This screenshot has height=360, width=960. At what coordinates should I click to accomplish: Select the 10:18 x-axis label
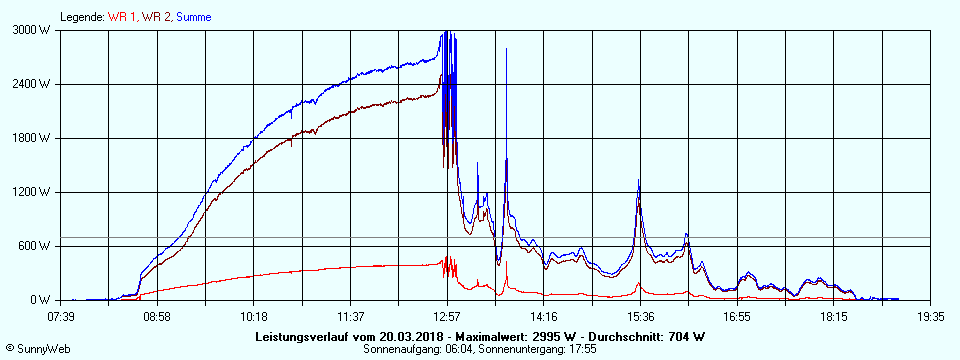[254, 316]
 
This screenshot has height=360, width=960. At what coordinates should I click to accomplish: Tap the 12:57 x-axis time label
[447, 316]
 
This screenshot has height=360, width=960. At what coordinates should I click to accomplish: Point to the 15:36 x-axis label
[639, 316]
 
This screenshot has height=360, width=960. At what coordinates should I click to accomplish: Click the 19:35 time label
[930, 316]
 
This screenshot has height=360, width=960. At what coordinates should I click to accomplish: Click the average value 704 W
[686, 336]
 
